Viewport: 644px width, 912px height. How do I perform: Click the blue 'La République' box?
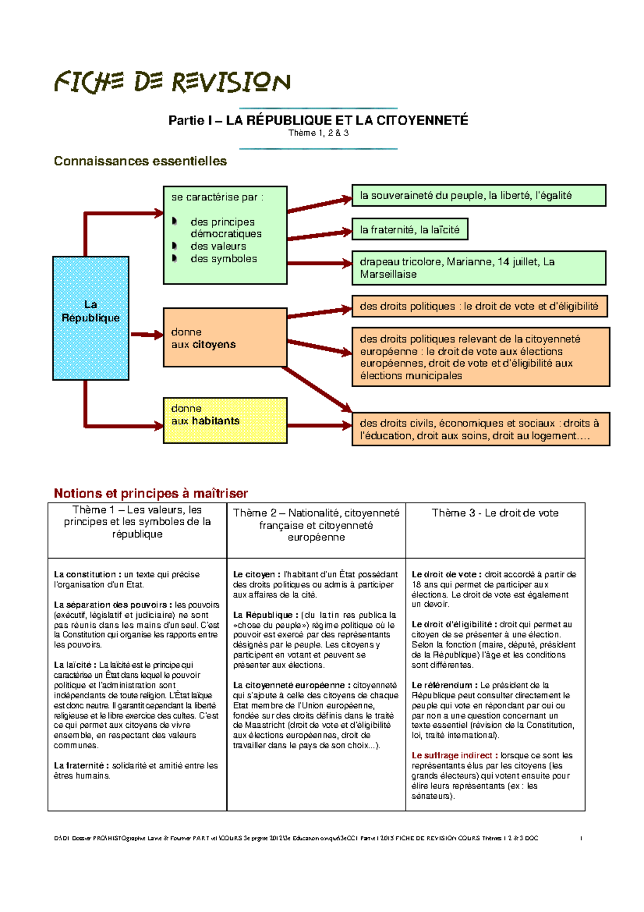(91, 318)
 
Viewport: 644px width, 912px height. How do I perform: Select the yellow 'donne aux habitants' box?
(225, 421)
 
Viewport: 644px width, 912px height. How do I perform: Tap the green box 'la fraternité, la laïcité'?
(409, 229)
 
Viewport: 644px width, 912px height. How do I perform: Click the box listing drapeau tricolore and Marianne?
(478, 267)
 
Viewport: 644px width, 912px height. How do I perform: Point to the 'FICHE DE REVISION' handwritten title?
(172, 82)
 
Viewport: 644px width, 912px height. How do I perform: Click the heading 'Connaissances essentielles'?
(140, 161)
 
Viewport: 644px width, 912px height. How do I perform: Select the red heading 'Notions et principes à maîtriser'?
(151, 493)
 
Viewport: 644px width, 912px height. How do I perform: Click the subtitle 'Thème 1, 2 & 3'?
(318, 133)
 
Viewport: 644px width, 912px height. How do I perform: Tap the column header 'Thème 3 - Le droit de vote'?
(495, 513)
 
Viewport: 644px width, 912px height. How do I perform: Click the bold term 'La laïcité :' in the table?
(75, 665)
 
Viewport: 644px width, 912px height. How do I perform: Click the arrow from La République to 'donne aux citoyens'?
(147, 335)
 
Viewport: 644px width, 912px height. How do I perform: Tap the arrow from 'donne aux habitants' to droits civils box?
(319, 425)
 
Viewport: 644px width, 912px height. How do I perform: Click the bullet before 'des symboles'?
(174, 258)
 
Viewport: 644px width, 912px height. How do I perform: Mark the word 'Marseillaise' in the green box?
(388, 274)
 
